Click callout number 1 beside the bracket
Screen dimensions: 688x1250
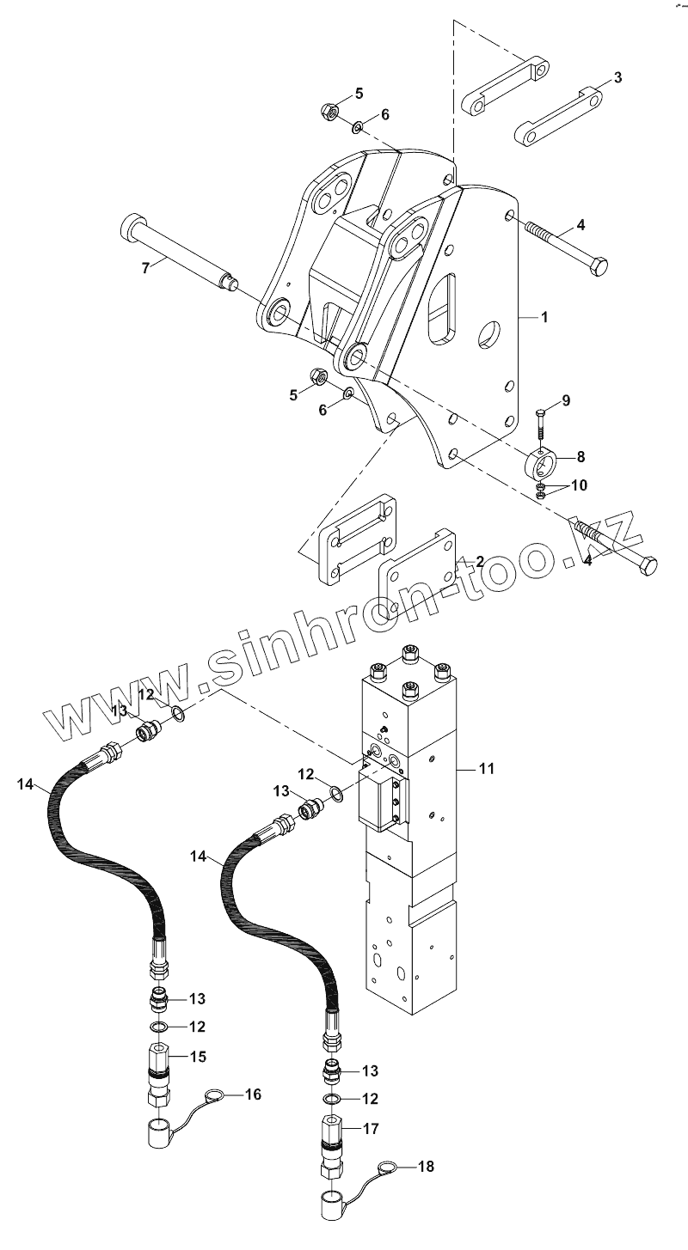coord(544,317)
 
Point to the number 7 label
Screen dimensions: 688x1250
coord(145,268)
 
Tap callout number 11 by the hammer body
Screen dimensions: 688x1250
coord(487,769)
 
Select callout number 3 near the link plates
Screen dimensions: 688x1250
coord(617,77)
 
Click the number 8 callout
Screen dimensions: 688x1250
coord(580,455)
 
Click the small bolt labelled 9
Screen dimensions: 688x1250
coord(539,424)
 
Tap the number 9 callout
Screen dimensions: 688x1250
coord(565,400)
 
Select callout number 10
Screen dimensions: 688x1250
coord(578,485)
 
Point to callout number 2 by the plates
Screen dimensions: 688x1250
coord(479,561)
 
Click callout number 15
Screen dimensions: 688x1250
coord(198,1057)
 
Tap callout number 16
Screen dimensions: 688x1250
coord(253,1094)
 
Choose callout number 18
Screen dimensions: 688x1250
coord(427,1166)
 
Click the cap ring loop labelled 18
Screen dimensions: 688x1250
coord(388,1167)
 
